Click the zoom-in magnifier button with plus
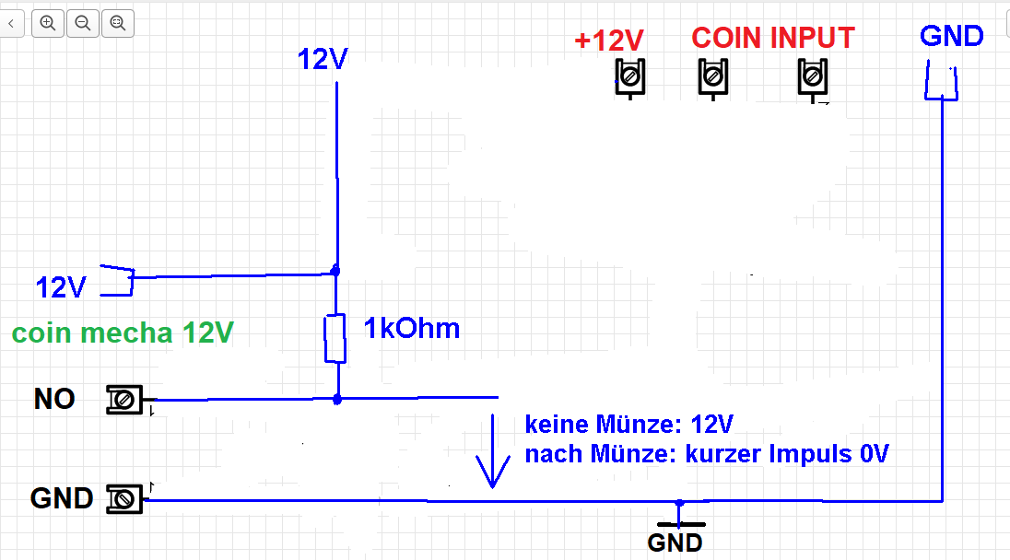point(48,23)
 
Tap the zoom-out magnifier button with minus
point(83,23)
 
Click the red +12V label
point(609,41)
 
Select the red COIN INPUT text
point(773,38)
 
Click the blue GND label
point(951,36)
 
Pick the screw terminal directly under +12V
point(630,78)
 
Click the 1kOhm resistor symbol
point(335,339)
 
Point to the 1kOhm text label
point(412,328)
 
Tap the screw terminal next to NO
point(124,400)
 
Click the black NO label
point(54,399)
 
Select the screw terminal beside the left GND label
point(124,499)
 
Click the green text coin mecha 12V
point(123,332)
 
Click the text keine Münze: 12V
point(629,425)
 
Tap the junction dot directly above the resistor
point(335,271)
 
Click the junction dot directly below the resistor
point(337,400)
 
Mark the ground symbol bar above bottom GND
point(681,525)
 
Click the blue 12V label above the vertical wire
point(322,59)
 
